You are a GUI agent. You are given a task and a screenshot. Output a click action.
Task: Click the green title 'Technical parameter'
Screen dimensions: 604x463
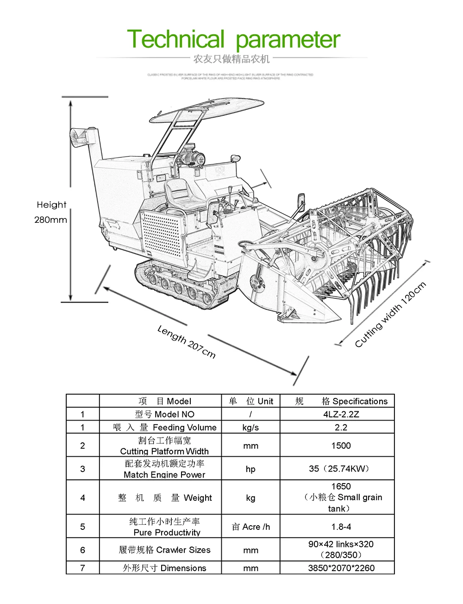(233, 39)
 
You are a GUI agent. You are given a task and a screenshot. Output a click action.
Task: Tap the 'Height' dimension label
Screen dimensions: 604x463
(51, 205)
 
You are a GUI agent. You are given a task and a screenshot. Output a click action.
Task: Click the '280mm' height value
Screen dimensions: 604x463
(50, 220)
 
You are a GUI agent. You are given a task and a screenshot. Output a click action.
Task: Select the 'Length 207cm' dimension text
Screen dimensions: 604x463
(186, 341)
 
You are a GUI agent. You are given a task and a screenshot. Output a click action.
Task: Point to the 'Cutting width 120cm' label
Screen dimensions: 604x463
(390, 315)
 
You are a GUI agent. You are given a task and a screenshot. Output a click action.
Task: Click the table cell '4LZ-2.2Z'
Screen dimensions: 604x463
(341, 414)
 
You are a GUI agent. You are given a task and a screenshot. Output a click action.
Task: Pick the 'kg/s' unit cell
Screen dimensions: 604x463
(250, 427)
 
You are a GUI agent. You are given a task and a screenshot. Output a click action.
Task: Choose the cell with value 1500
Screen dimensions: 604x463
(341, 446)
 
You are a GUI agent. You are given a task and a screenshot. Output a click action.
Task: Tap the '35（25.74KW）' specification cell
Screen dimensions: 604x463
(341, 469)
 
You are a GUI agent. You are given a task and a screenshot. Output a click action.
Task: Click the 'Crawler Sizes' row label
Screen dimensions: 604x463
(164, 550)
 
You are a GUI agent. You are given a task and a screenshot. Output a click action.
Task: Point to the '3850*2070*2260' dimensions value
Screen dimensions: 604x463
(341, 568)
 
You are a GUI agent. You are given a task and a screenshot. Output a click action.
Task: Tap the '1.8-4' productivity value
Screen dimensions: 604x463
(341, 527)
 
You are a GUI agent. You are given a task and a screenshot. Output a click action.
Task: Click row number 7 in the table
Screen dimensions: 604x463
(82, 568)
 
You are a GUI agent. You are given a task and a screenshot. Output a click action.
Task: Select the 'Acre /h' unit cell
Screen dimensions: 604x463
(250, 527)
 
